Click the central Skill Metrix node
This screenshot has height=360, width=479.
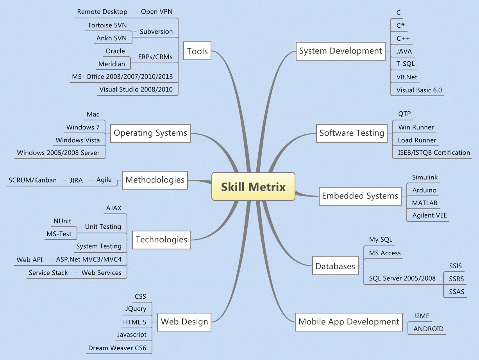pos(253,187)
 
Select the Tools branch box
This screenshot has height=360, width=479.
pos(197,51)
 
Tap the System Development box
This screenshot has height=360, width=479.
pos(340,51)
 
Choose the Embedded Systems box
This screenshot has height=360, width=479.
pos(360,196)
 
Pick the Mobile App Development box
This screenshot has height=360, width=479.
pos(349,322)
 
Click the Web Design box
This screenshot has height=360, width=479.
pos(184,322)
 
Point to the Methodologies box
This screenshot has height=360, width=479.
pos(155,180)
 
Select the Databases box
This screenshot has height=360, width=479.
pos(335,267)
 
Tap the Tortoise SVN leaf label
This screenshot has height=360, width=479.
pos(107,25)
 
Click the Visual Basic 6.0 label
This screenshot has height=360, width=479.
pos(419,90)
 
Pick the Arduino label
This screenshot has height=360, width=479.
pos(424,190)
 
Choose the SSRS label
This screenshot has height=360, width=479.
pos(456,279)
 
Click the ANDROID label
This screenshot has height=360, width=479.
pos(428,329)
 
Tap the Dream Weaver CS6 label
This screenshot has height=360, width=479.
pos(117,348)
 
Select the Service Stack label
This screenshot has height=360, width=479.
pos(48,273)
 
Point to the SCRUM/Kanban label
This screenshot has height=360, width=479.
pos(32,180)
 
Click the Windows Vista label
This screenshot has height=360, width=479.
pos(77,140)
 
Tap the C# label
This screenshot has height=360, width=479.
pos(400,25)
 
